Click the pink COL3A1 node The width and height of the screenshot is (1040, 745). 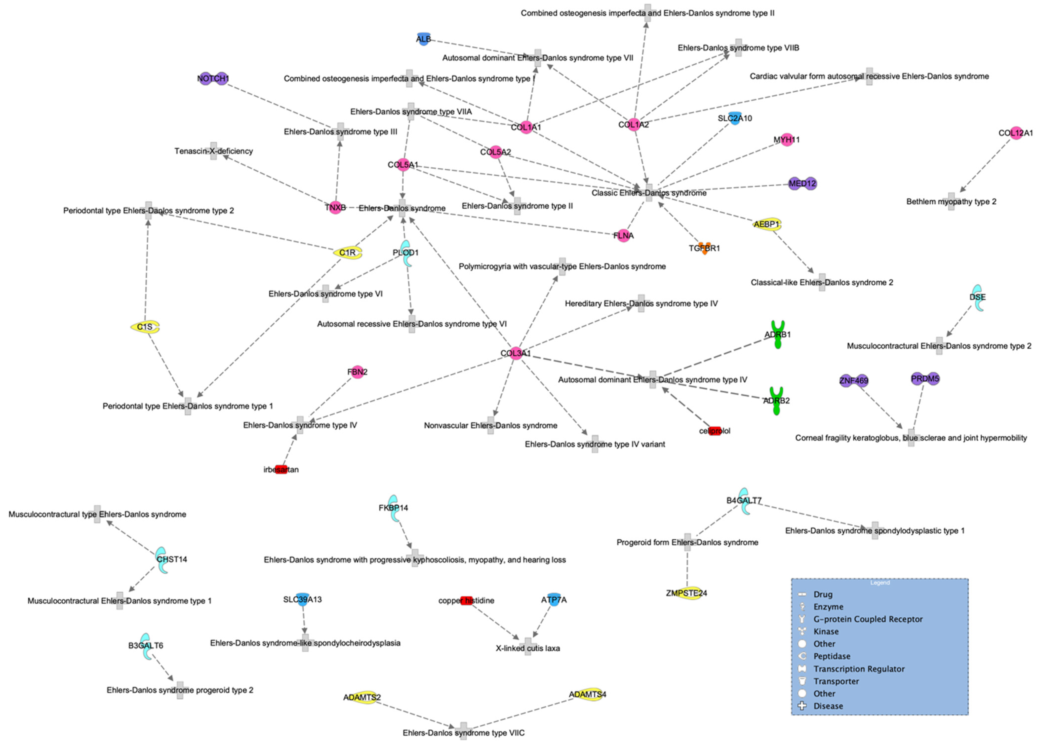(516, 353)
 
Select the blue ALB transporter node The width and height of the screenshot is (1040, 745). (423, 39)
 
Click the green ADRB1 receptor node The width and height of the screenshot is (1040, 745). (778, 334)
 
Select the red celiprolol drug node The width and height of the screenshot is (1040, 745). (715, 431)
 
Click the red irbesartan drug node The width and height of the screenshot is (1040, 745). (281, 469)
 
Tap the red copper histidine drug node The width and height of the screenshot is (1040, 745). (466, 600)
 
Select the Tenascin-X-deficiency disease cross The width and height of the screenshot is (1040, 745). (214, 151)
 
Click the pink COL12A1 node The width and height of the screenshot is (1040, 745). (1016, 133)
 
